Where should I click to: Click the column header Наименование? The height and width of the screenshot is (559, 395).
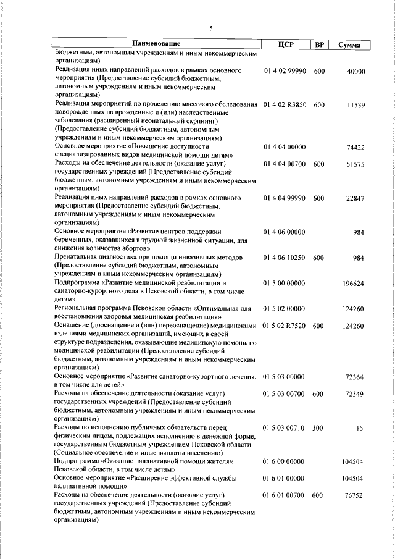(156, 44)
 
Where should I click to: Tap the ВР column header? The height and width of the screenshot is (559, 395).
(319, 44)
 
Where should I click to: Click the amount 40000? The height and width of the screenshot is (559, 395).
(356, 72)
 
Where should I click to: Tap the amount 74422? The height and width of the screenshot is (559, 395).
(356, 148)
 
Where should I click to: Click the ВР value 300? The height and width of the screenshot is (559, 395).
(318, 427)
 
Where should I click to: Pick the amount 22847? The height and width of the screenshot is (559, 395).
(356, 198)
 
